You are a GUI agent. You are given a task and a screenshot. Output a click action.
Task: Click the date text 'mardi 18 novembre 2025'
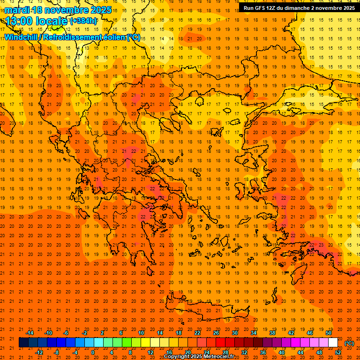click(58, 10)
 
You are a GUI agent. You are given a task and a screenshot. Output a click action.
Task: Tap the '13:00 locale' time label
click(37, 21)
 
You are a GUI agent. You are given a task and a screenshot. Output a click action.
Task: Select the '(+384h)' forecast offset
click(83, 21)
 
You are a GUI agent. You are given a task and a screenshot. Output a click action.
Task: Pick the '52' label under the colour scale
click(338, 352)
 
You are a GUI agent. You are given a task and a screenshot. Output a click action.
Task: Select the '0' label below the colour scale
click(93, 352)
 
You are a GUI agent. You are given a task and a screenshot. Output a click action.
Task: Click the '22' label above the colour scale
click(197, 333)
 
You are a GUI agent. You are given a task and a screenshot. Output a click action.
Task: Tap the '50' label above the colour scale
click(329, 333)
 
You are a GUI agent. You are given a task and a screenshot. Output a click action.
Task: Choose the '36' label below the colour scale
click(263, 352)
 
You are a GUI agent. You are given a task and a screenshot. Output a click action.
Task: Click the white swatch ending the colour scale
click(333, 343)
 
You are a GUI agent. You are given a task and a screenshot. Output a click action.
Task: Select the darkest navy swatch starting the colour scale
click(23, 343)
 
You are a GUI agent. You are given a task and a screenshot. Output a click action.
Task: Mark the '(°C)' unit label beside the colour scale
click(349, 343)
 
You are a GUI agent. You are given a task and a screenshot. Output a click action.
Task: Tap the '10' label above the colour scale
click(141, 333)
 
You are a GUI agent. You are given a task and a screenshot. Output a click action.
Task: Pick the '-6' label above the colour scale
click(66, 333)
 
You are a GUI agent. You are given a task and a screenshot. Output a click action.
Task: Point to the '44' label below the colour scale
click(300, 352)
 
